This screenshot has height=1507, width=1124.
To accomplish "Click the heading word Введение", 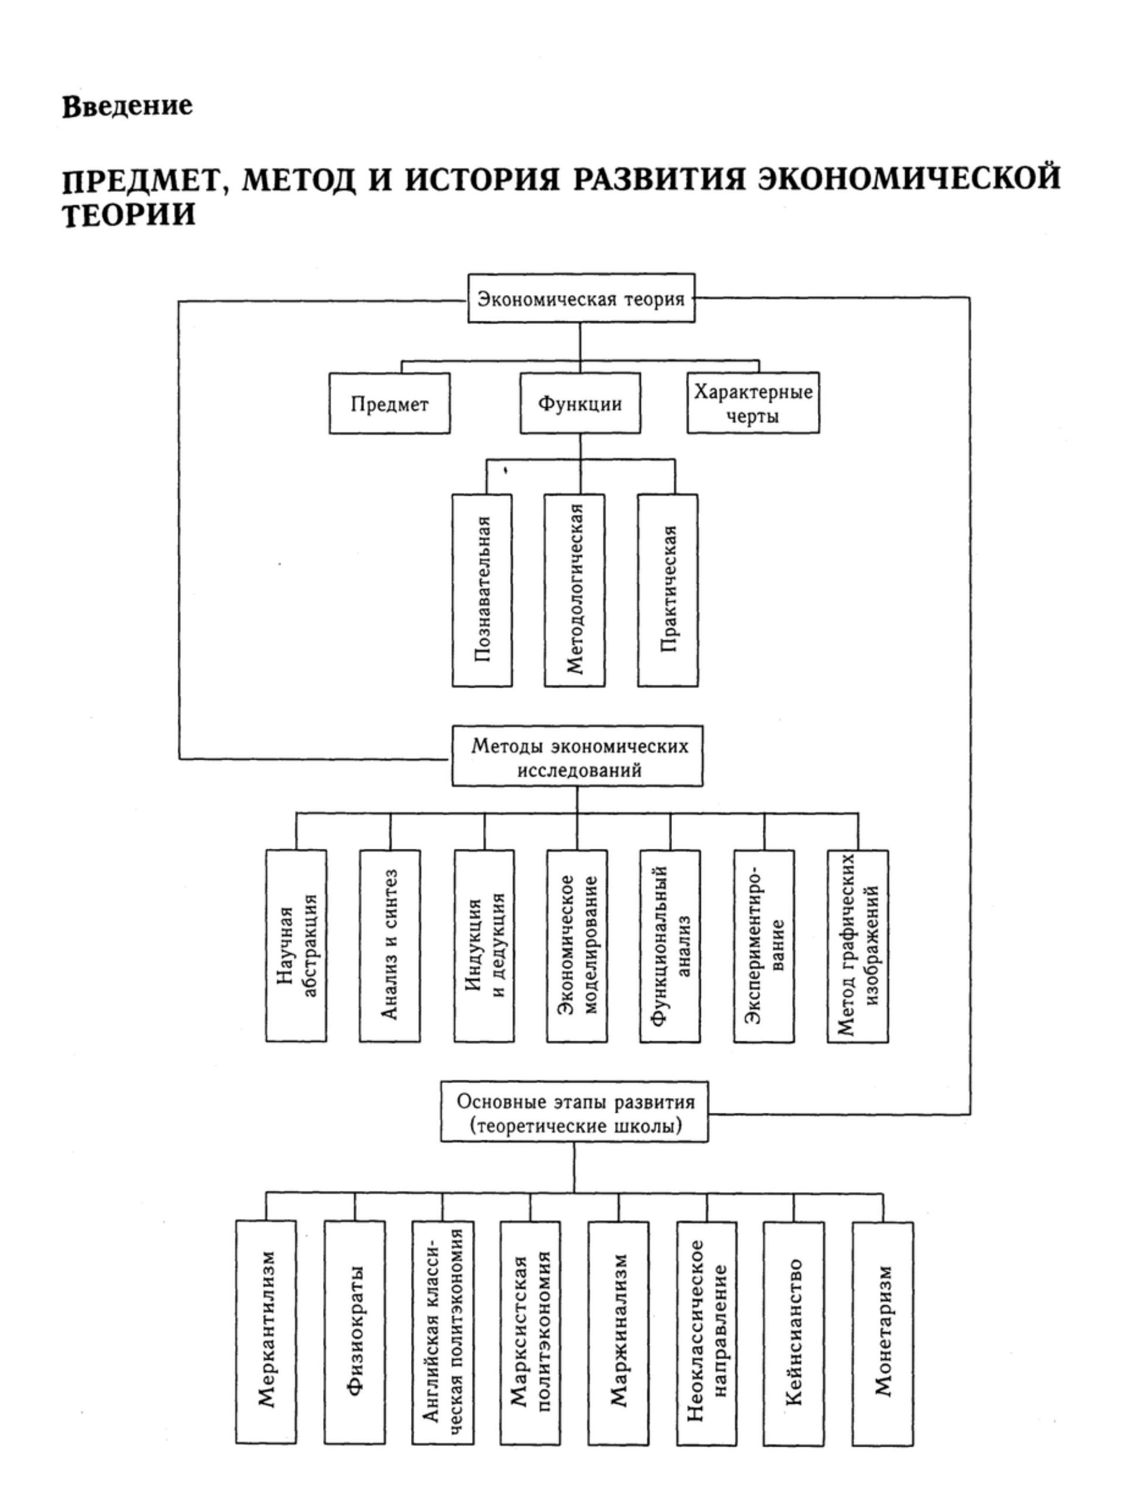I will [x=127, y=107].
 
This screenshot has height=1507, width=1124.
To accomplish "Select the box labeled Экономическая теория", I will [x=581, y=299].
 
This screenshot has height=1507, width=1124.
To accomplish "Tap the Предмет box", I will [x=389, y=404].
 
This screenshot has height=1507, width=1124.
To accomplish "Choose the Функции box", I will [x=580, y=404].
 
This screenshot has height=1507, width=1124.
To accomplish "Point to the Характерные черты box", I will [x=752, y=404].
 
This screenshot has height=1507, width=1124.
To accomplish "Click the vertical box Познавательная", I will [x=483, y=590].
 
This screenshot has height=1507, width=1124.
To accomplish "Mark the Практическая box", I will [x=667, y=590].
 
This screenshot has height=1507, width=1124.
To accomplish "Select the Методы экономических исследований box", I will [x=578, y=757].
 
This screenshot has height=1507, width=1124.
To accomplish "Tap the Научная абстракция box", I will [x=296, y=946].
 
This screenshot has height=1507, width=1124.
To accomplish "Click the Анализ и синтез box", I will [x=389, y=946].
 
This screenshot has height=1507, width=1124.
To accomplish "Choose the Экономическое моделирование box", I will [x=577, y=946].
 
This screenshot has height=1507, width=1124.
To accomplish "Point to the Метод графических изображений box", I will [x=858, y=946].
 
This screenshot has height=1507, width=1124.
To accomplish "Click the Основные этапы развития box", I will [x=574, y=1113].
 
